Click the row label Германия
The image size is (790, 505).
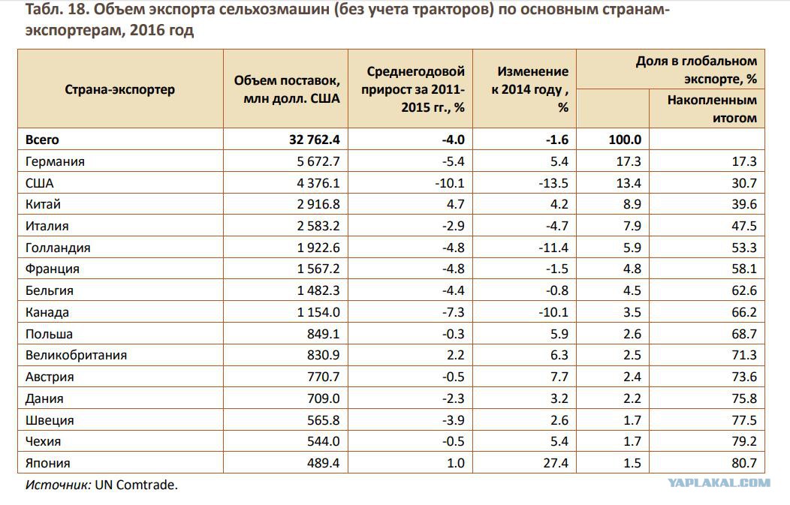coord(55,161)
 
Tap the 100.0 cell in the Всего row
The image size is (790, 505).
coord(625,140)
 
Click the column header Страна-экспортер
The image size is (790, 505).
coord(120,89)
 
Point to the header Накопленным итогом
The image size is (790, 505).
coord(712,109)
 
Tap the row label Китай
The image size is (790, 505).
coord(43,204)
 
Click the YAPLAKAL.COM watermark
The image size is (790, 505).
coord(719,484)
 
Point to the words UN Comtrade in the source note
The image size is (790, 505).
coord(136,485)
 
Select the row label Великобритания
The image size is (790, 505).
coord(76,356)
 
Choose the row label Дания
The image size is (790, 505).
coord(44,398)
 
